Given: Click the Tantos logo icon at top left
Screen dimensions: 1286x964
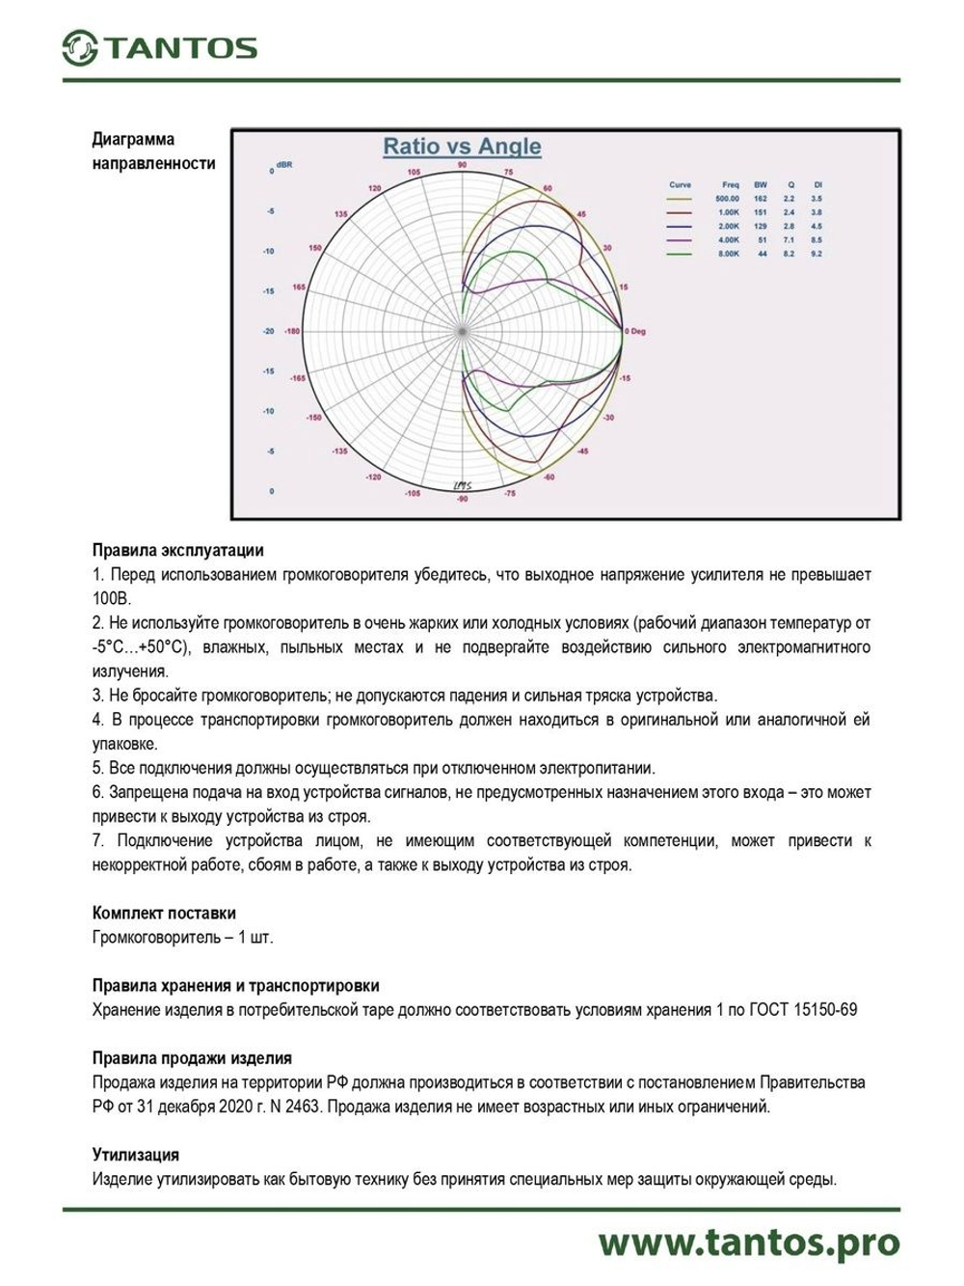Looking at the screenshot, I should pyautogui.click(x=80, y=48).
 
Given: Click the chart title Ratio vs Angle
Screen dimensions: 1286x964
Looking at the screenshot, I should pyautogui.click(x=462, y=147).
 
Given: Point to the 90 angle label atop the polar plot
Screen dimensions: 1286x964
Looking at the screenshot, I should pyautogui.click(x=463, y=166).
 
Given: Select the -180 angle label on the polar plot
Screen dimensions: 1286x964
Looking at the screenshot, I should pyautogui.click(x=291, y=331).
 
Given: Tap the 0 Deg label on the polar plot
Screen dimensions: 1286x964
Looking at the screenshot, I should pyautogui.click(x=635, y=331).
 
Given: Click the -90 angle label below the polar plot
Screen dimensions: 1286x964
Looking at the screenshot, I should pyautogui.click(x=463, y=498).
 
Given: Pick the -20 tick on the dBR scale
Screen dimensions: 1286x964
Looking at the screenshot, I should pyautogui.click(x=269, y=331).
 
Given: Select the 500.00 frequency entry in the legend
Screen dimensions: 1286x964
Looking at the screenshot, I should pyautogui.click(x=727, y=199).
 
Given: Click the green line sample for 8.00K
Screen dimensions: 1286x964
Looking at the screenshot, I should pyautogui.click(x=680, y=254).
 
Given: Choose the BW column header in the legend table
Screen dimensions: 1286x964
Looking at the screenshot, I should pyautogui.click(x=761, y=184).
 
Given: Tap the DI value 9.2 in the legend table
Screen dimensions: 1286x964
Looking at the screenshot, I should pyautogui.click(x=817, y=254).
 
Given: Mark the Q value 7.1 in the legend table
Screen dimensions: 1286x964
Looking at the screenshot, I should pyautogui.click(x=789, y=239).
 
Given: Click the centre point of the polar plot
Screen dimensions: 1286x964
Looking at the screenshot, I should pyautogui.click(x=463, y=331).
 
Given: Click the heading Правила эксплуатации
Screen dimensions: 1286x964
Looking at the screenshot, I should pyautogui.click(x=177, y=551).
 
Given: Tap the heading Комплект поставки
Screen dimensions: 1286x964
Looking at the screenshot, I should pyautogui.click(x=164, y=913).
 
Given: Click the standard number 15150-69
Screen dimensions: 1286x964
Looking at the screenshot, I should pyautogui.click(x=824, y=1010).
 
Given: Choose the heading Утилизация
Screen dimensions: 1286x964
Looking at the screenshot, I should pyautogui.click(x=136, y=1155).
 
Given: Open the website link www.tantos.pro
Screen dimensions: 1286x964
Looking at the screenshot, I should pyautogui.click(x=748, y=1243).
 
